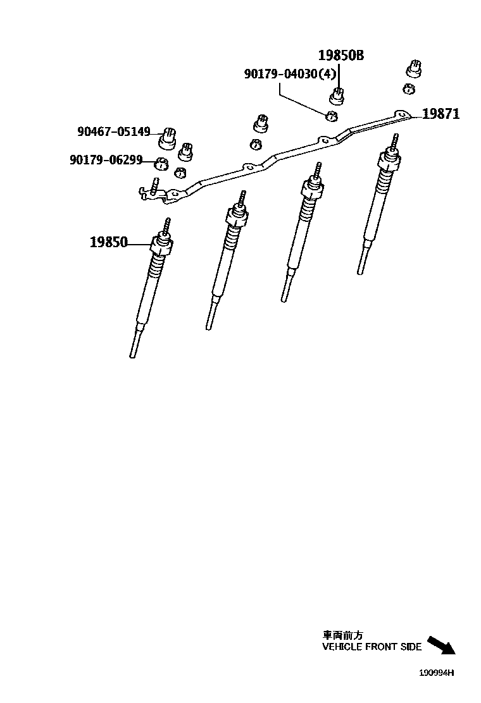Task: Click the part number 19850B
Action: coord(340,56)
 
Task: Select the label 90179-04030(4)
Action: coord(290,74)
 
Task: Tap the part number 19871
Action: coord(440,114)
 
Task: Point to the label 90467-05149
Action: coord(114,131)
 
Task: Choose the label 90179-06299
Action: coord(106,160)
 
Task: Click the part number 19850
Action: coord(108,241)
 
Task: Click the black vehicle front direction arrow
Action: coord(441,645)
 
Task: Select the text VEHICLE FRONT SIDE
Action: coord(372,647)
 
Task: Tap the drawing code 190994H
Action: coord(436,673)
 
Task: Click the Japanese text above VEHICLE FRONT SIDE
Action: coord(343,635)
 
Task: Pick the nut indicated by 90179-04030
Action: coord(330,116)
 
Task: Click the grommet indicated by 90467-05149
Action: coord(168,135)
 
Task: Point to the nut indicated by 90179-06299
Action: coord(161,165)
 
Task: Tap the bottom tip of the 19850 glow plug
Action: coord(132,355)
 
